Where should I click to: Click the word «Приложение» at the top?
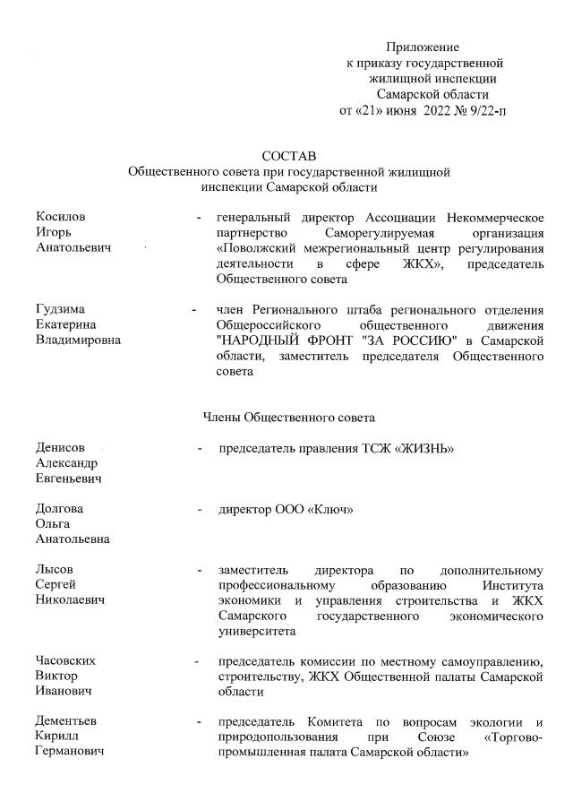tap(422, 47)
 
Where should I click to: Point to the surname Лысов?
tap(56, 570)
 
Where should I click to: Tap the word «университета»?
tap(256, 631)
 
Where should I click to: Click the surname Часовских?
tap(65, 661)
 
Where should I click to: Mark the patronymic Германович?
tap(69, 752)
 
